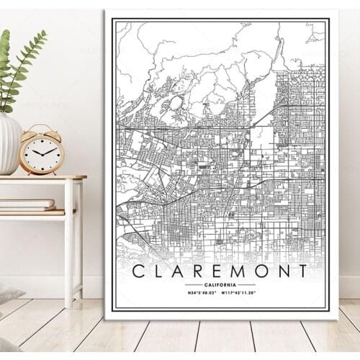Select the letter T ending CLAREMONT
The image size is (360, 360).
tap(302, 271)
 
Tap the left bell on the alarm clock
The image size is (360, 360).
tap(30, 132)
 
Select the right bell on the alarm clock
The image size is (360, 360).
tap(55, 132)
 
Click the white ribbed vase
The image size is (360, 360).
tap(9, 144)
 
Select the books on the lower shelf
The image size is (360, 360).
tap(27, 205)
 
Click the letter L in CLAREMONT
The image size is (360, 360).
tap(158, 271)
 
